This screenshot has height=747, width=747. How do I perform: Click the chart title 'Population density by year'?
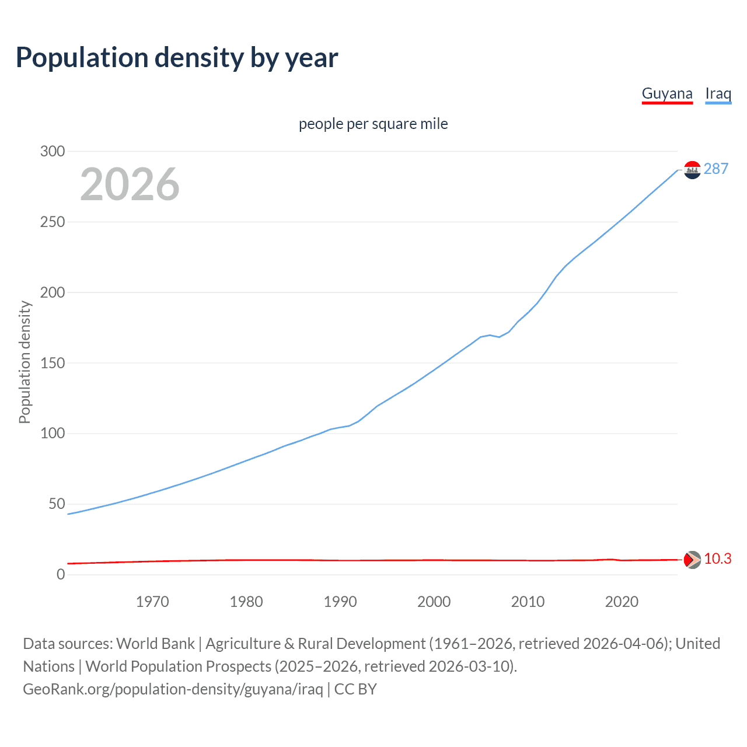[x=177, y=58]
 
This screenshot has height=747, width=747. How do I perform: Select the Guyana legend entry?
[x=667, y=93]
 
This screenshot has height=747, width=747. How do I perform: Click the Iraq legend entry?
[x=718, y=93]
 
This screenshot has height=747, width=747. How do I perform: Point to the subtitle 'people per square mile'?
[x=373, y=124]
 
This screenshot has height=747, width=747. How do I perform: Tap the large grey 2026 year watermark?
[x=130, y=184]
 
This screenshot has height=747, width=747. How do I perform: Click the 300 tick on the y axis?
[x=53, y=151]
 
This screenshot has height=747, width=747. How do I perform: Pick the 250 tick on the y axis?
[x=53, y=222]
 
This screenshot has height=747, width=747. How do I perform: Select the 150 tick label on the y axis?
[x=53, y=363]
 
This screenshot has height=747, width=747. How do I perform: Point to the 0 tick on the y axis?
[x=61, y=574]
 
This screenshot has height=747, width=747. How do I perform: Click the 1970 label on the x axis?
[x=152, y=602]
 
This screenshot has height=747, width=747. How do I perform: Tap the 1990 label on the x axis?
[x=340, y=602]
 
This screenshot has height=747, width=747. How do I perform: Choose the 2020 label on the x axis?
[x=622, y=602]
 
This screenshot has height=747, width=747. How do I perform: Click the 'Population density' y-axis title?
[x=25, y=362]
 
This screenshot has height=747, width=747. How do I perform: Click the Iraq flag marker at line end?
[x=692, y=170]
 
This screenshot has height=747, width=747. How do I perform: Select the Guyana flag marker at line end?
[x=692, y=560]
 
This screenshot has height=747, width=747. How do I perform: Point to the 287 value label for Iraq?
[x=716, y=169]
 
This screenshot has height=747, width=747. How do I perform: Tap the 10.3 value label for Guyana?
[x=717, y=558]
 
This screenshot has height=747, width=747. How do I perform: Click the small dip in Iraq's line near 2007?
[x=499, y=337]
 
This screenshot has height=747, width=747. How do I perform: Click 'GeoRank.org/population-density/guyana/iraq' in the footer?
[x=173, y=689]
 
